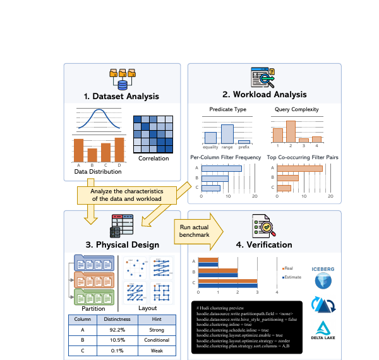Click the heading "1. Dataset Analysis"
click(121, 97)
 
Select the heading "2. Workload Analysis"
click(264, 95)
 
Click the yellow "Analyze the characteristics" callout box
click(126, 195)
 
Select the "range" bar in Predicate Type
click(227, 134)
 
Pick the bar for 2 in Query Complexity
click(291, 131)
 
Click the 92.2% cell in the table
click(117, 330)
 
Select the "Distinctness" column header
click(117, 319)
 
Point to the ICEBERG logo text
click(323, 269)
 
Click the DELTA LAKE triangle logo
click(323, 328)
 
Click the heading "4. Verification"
click(264, 244)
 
